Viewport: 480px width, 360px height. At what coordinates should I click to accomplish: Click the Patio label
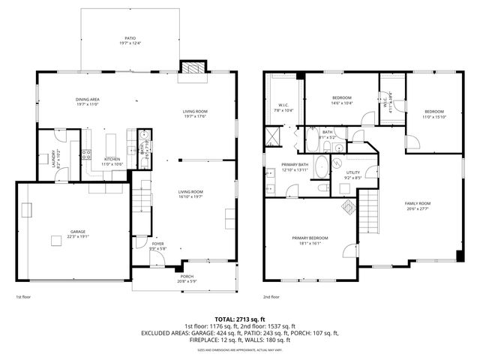(130, 39)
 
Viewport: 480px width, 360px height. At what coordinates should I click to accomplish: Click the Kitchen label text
(112, 159)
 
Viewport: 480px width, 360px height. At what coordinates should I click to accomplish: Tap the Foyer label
(158, 244)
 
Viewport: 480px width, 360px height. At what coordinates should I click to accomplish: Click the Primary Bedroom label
(310, 239)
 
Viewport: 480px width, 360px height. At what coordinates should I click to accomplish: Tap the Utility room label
(352, 173)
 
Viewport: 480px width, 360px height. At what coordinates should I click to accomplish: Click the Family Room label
(418, 205)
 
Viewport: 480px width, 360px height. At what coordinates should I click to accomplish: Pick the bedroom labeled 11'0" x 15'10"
(433, 114)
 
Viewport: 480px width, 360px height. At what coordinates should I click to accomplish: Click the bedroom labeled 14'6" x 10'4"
(342, 100)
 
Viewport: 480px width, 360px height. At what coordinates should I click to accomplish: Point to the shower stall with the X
(270, 138)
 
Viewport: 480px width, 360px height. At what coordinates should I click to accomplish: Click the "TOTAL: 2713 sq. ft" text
(239, 319)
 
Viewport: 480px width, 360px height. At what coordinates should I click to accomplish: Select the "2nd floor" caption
(271, 297)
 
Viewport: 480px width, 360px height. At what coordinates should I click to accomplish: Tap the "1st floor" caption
(25, 297)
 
